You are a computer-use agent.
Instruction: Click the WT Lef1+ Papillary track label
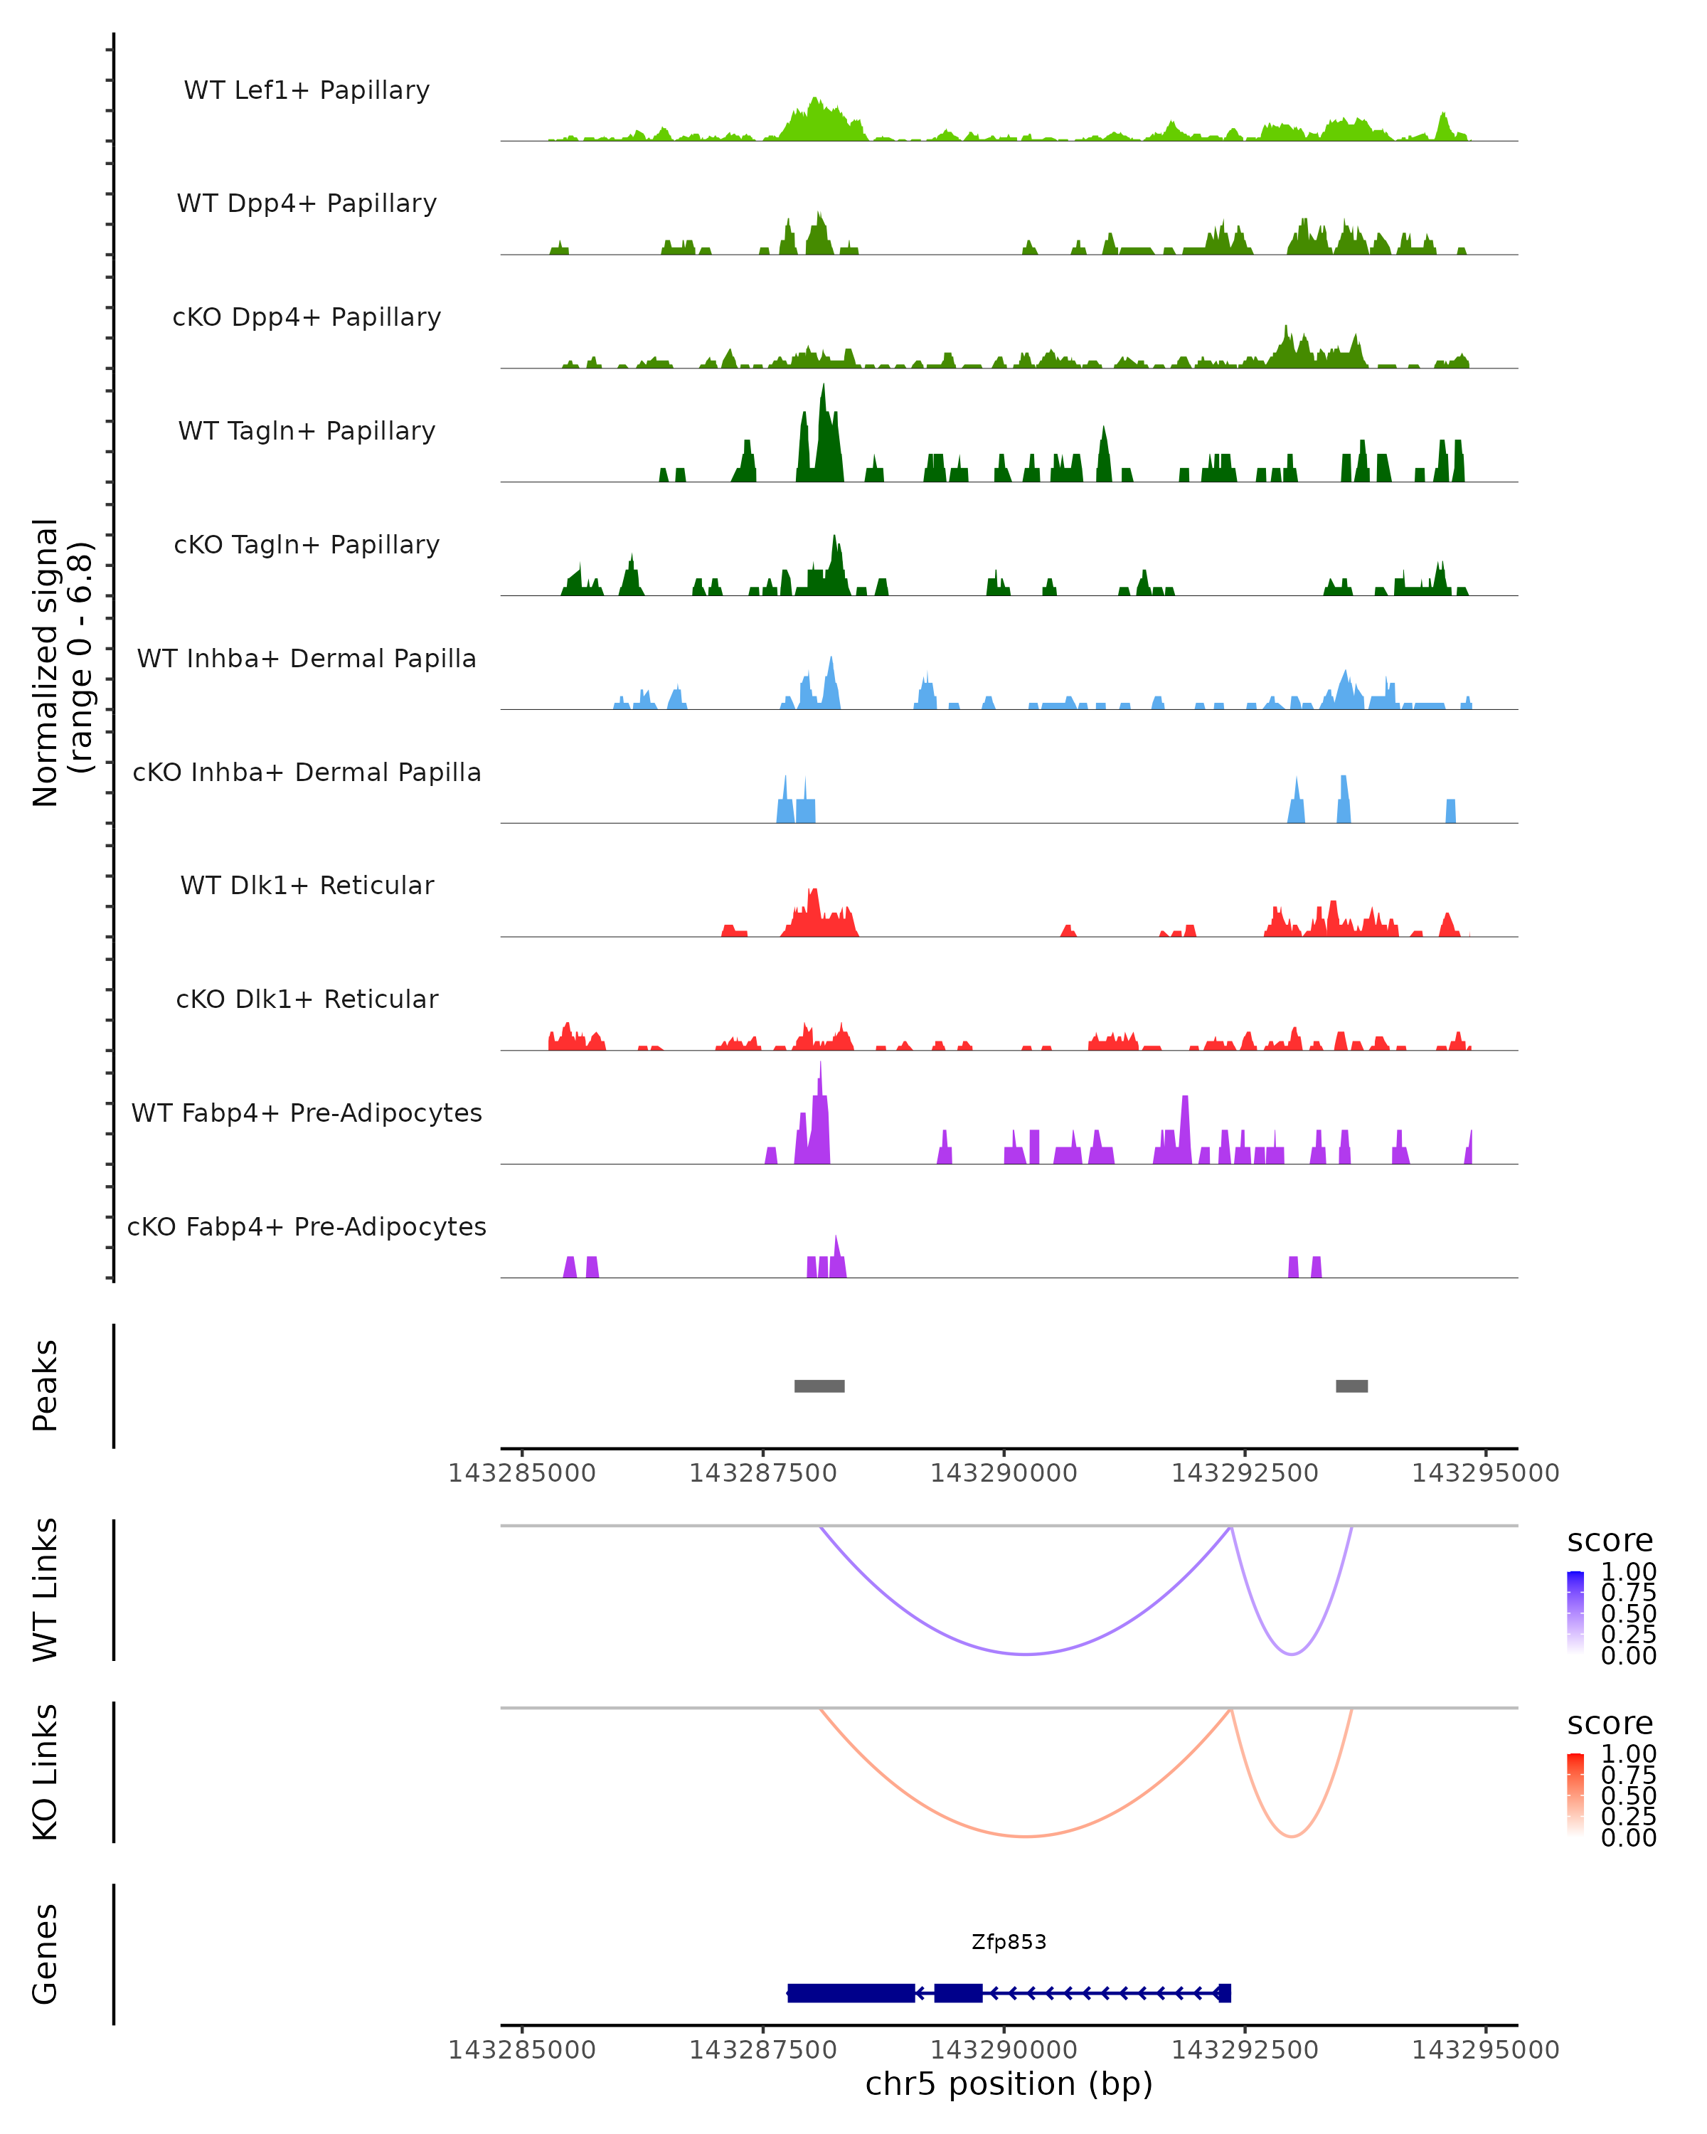(x=307, y=90)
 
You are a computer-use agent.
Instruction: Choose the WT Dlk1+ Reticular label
(x=307, y=885)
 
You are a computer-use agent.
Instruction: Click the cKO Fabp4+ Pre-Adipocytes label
(x=307, y=1226)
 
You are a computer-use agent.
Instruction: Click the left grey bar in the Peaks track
(x=819, y=1386)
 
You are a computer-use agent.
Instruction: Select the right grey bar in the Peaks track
(x=1352, y=1386)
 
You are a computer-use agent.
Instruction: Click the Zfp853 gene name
(x=1009, y=1942)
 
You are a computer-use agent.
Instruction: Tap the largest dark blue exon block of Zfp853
(x=851, y=1992)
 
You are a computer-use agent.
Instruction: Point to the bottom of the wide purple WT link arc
(x=1026, y=1654)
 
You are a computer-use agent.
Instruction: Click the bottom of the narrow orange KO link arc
(x=1292, y=1836)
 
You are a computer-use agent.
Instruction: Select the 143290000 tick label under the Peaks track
(x=1004, y=1473)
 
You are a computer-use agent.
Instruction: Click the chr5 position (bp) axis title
(x=1009, y=2083)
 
